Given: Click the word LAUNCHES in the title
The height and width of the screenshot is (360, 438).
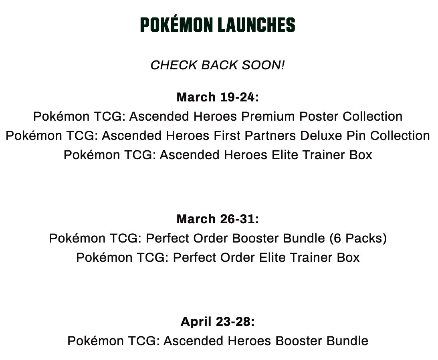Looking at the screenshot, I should pos(256,25).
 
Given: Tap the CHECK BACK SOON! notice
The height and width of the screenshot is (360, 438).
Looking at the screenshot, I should pos(218,65).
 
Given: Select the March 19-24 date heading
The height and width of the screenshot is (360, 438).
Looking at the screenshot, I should pos(218,97).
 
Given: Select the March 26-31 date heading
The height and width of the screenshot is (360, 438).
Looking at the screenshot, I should pos(218,219).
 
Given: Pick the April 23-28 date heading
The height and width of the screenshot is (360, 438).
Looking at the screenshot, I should pos(218,322).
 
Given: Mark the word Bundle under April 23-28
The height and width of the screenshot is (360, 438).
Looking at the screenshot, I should pos(347,341).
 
